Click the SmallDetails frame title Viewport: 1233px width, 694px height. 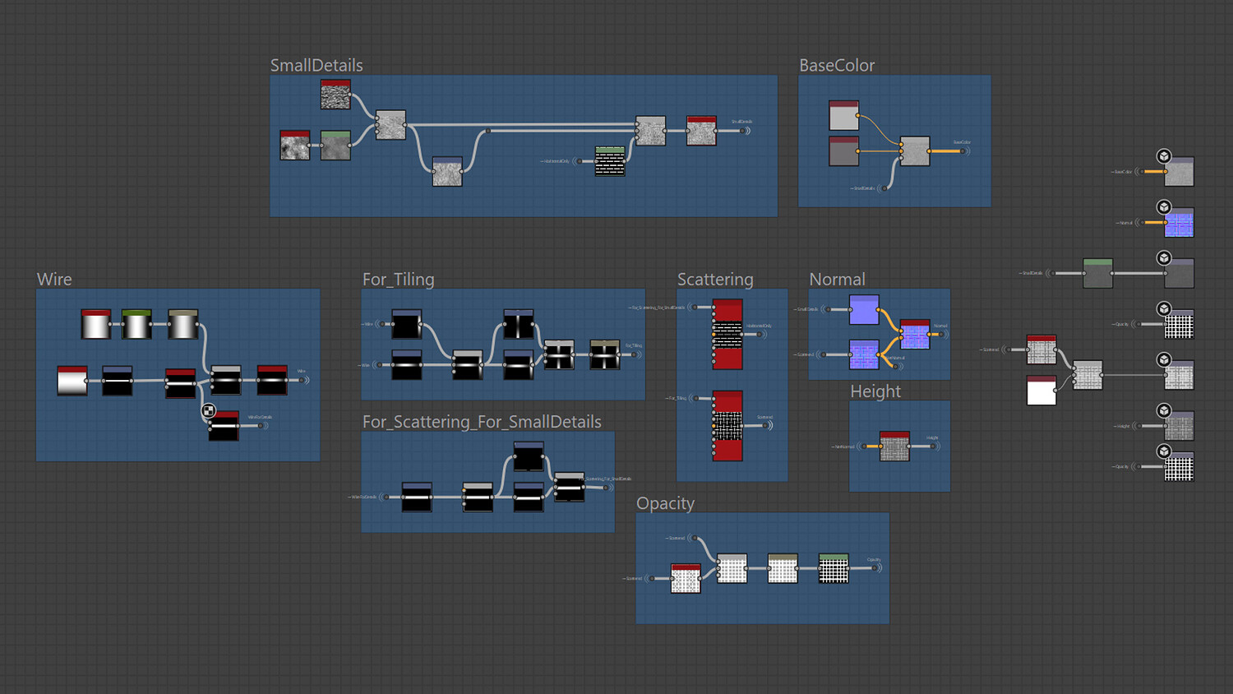click(316, 66)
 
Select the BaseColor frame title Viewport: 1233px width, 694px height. click(836, 66)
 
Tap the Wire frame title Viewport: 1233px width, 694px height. click(54, 280)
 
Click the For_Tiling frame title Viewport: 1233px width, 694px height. click(398, 280)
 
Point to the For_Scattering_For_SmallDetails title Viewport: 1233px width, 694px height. click(482, 422)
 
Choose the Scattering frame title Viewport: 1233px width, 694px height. click(715, 280)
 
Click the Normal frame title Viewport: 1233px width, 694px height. click(837, 280)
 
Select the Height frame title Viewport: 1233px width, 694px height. click(875, 391)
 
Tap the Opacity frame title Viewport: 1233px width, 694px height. click(665, 503)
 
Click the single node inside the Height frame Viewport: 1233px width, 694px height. click(894, 446)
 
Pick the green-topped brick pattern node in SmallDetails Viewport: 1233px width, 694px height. click(609, 161)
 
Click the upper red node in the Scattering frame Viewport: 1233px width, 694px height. click(727, 334)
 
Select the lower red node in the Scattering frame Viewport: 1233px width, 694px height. click(727, 425)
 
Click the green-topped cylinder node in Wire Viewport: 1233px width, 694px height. click(136, 325)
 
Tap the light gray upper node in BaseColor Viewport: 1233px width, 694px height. click(843, 116)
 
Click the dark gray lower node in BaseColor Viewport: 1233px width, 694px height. click(843, 151)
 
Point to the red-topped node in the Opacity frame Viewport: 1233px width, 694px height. click(686, 578)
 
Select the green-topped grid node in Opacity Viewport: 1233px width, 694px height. click(834, 568)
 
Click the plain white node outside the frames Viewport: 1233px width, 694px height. click(1041, 391)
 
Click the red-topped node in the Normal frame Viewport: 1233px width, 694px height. click(915, 334)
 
